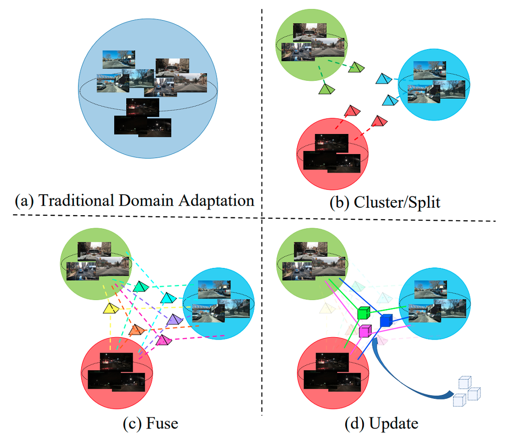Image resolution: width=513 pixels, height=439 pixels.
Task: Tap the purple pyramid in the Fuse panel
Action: pos(174,319)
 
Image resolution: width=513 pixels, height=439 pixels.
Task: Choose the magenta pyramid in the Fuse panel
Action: pos(163,340)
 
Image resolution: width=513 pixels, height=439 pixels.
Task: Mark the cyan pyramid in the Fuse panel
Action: pos(168,297)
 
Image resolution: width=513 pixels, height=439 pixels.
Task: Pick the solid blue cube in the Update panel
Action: pos(386,321)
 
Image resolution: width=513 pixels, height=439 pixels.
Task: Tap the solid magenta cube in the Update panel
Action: pos(365,331)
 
